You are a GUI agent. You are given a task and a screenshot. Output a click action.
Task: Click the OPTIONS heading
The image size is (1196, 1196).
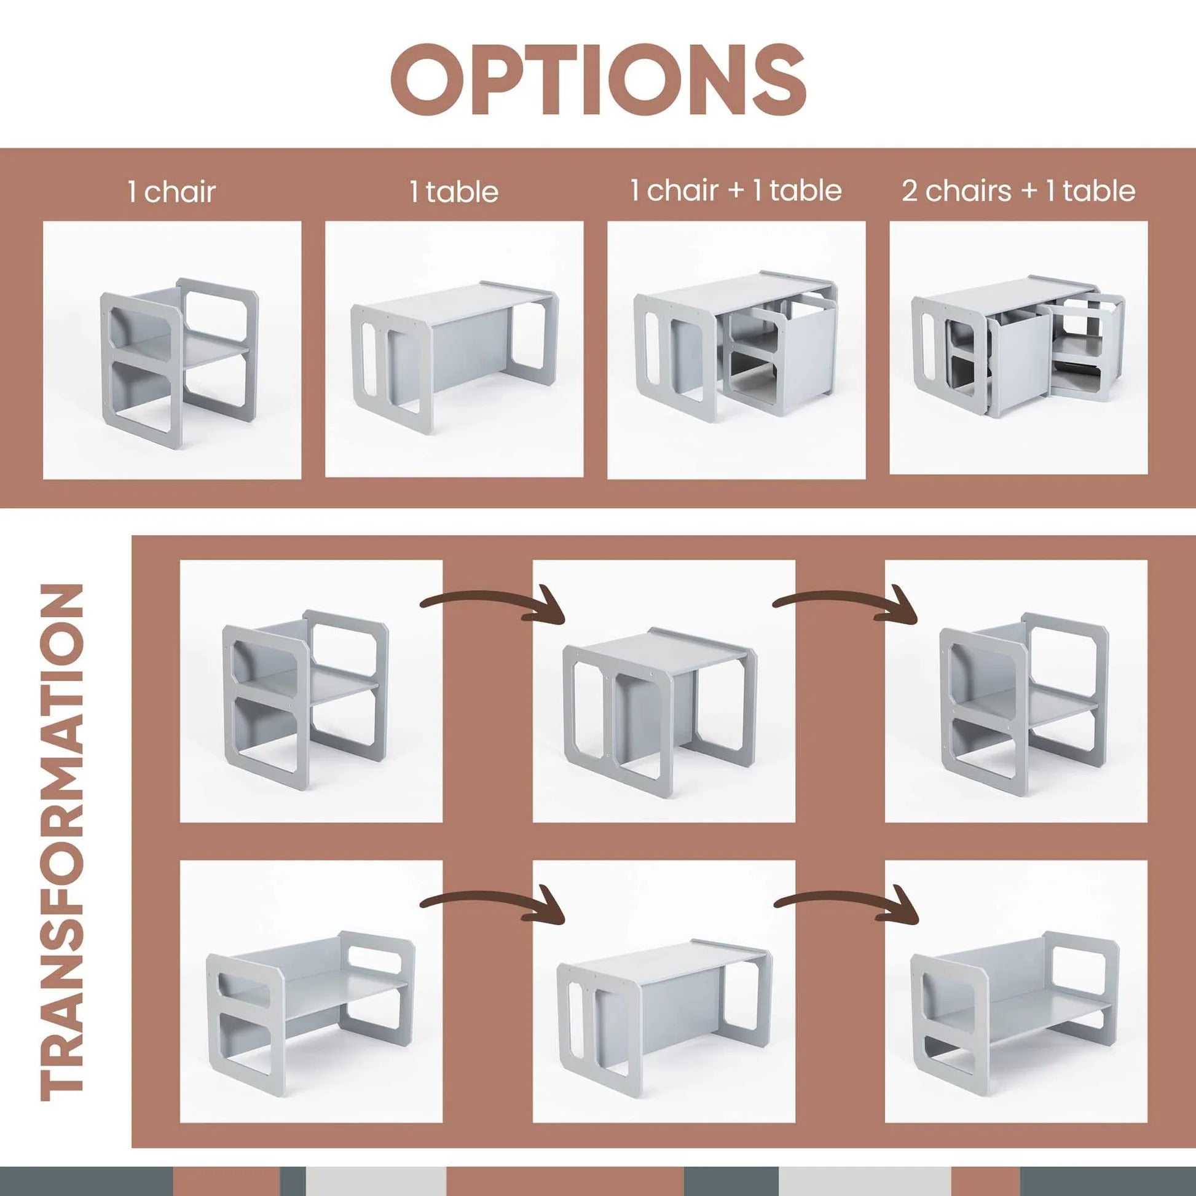click(x=598, y=79)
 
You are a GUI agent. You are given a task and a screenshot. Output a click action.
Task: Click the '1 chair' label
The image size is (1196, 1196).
click(x=172, y=192)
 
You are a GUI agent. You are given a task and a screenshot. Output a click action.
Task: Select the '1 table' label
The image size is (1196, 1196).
click(x=454, y=192)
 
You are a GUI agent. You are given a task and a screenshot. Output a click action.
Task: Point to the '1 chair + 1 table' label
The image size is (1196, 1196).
click(x=736, y=190)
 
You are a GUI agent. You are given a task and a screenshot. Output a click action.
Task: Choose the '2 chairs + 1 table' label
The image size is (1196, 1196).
click(x=1018, y=191)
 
